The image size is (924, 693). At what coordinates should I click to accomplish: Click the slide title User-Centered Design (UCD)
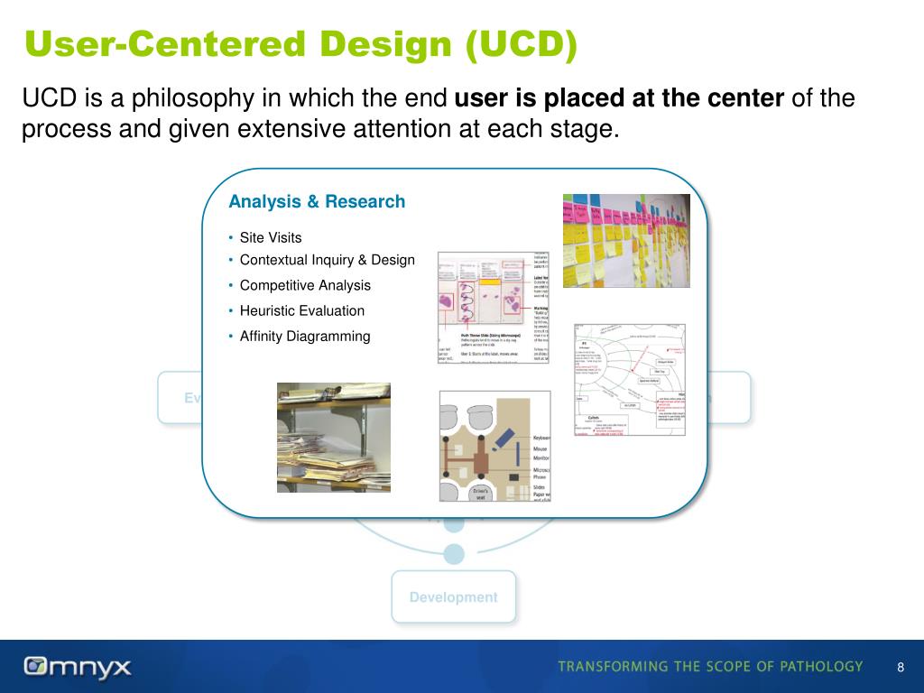click(300, 45)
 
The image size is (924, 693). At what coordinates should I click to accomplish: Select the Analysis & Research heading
click(317, 202)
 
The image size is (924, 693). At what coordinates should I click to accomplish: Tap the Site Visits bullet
click(271, 238)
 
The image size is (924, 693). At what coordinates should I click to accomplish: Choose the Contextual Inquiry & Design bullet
click(327, 261)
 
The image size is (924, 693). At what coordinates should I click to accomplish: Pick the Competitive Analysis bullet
click(305, 285)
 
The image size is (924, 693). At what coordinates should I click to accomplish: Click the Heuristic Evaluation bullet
click(301, 310)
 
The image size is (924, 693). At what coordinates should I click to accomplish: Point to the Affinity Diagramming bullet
click(305, 337)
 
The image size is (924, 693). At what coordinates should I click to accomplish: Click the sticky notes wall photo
click(626, 240)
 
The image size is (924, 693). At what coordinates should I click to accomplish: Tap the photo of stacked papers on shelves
click(333, 438)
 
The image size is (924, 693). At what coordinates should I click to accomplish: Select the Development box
click(453, 597)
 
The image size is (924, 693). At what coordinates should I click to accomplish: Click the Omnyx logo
click(78, 668)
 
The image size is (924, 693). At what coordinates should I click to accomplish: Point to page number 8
click(900, 668)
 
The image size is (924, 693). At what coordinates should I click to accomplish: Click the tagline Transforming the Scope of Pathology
click(710, 667)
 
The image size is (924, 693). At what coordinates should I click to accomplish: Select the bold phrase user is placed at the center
click(620, 97)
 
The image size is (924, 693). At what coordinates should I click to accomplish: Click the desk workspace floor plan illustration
click(494, 446)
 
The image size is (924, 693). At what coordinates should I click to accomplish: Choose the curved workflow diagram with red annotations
click(630, 379)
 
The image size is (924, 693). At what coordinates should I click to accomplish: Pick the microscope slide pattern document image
click(493, 307)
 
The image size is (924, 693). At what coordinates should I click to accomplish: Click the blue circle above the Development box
click(455, 552)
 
